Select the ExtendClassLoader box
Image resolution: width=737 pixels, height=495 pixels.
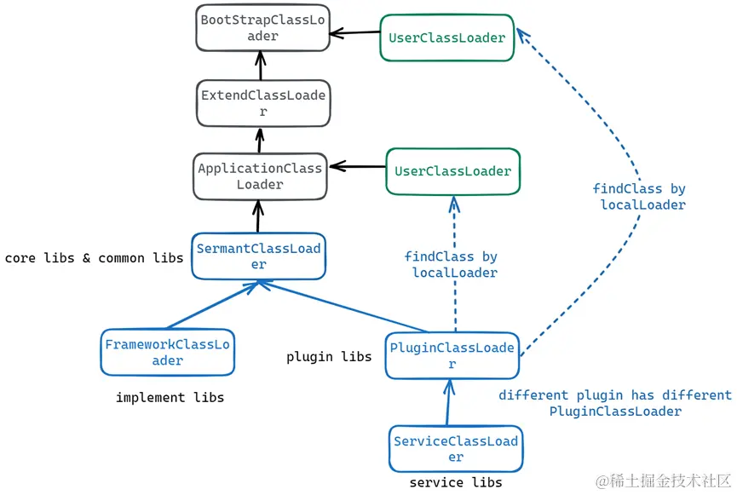(x=262, y=103)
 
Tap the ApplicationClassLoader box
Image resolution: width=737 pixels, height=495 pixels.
(x=260, y=176)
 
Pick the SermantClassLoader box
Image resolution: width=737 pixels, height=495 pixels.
(x=258, y=256)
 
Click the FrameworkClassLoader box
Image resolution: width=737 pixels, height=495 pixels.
(x=167, y=352)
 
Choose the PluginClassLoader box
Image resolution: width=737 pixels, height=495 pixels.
(x=452, y=355)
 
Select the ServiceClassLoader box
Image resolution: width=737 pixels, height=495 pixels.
(x=456, y=449)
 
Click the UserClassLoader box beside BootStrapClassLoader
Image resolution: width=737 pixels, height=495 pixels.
(x=446, y=37)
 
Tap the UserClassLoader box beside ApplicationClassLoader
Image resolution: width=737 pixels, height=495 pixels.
(x=452, y=171)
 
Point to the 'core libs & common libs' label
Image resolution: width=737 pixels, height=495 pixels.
(x=94, y=257)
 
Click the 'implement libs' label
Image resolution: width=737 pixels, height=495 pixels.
(x=170, y=397)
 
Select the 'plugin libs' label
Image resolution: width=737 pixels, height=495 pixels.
(x=329, y=356)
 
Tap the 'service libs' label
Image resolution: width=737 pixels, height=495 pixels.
(x=456, y=482)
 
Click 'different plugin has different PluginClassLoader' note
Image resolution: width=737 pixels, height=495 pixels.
(x=614, y=403)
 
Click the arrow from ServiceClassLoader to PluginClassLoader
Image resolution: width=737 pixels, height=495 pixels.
(x=446, y=403)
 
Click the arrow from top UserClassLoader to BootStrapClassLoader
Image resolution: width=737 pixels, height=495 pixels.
(x=354, y=33)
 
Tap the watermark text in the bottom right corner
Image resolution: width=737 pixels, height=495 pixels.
(x=662, y=481)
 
